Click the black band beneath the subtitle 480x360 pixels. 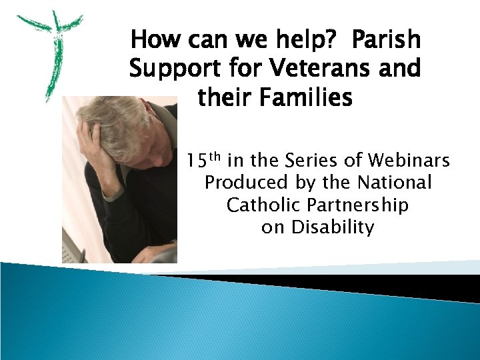coord(333,283)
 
